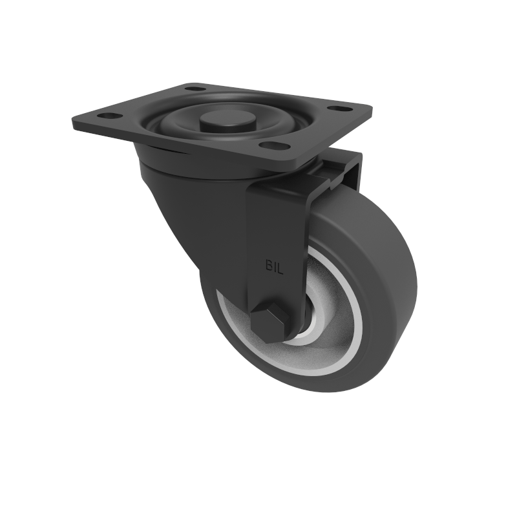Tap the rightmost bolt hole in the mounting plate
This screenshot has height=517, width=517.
point(336,108)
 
